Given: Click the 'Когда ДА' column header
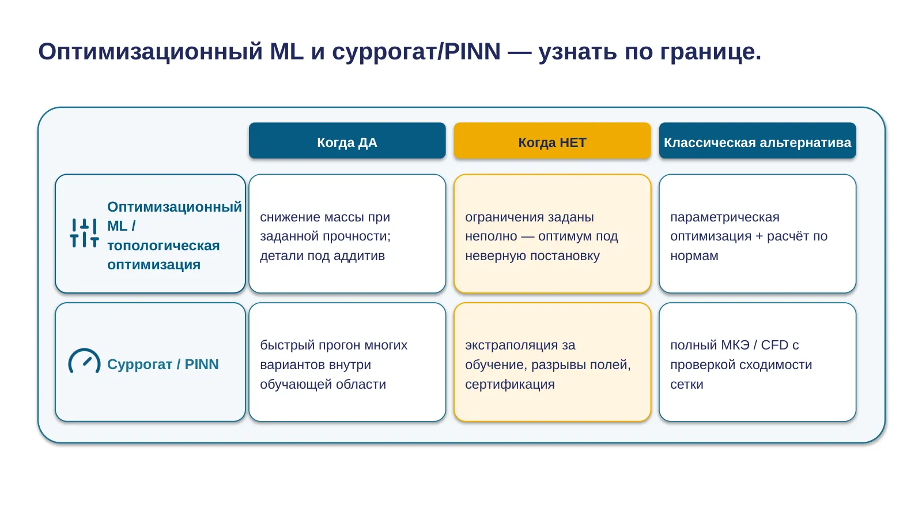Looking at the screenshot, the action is (x=347, y=141).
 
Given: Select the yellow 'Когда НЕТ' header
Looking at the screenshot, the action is (x=552, y=141).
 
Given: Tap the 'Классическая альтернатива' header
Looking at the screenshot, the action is (x=757, y=141).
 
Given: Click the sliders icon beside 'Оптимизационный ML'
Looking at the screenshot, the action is (x=84, y=233).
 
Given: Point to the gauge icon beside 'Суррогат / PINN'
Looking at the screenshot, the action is (x=84, y=360).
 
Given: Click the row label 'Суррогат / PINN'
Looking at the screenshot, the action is (x=163, y=364).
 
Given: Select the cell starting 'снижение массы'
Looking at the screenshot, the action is (x=347, y=234).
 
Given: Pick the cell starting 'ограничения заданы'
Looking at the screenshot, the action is (x=552, y=234).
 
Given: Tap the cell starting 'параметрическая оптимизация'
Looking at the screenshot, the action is (x=757, y=234).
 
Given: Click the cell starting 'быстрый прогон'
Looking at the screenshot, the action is (x=347, y=362).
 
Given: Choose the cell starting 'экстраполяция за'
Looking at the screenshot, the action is (x=552, y=362).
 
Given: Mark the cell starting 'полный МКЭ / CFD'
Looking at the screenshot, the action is (x=757, y=362).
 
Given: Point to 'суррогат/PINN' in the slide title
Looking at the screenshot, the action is (x=416, y=52).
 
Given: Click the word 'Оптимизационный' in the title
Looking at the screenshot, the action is (x=150, y=52).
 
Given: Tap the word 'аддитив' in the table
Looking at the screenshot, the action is (x=359, y=256).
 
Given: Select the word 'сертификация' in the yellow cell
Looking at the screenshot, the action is (x=510, y=384).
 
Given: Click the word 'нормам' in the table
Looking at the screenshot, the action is (x=694, y=256).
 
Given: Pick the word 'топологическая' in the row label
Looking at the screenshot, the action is (x=164, y=246).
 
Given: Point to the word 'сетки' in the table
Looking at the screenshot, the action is (x=686, y=384).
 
